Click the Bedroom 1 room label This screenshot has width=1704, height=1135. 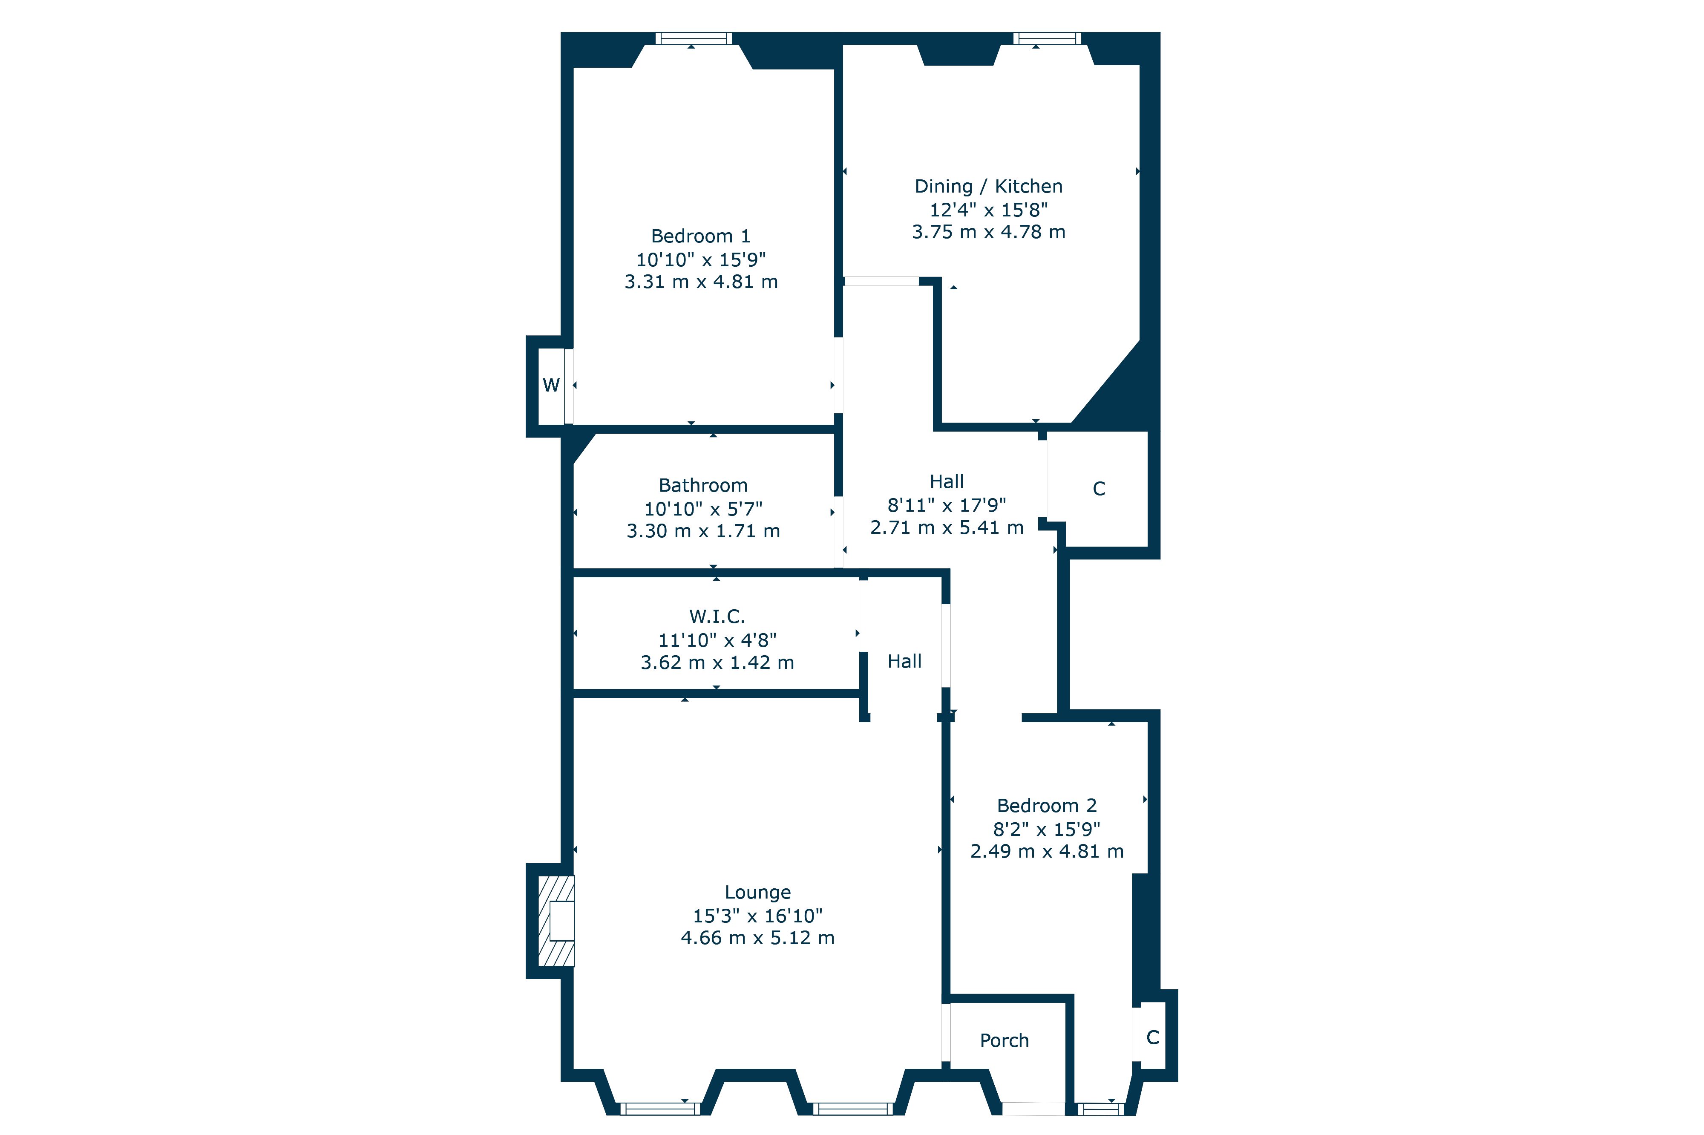click(700, 236)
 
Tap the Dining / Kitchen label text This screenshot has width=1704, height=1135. click(988, 186)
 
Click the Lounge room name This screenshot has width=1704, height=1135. click(757, 893)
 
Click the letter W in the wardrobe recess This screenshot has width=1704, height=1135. click(551, 385)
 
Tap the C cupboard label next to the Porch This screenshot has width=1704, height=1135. click(1153, 1037)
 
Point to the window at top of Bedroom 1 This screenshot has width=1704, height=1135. click(693, 38)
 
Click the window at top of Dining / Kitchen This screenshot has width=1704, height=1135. click(1047, 38)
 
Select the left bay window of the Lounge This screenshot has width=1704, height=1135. click(660, 1108)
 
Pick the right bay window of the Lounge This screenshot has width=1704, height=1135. click(853, 1108)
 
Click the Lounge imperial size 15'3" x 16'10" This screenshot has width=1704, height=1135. click(757, 916)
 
